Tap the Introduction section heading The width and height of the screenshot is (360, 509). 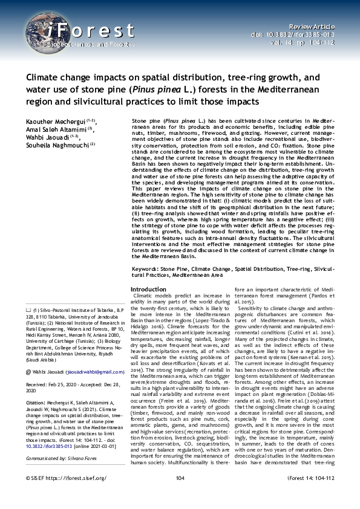[149, 290]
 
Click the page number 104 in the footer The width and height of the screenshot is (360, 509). [180, 495]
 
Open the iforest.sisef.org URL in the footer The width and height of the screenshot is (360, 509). [74, 495]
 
